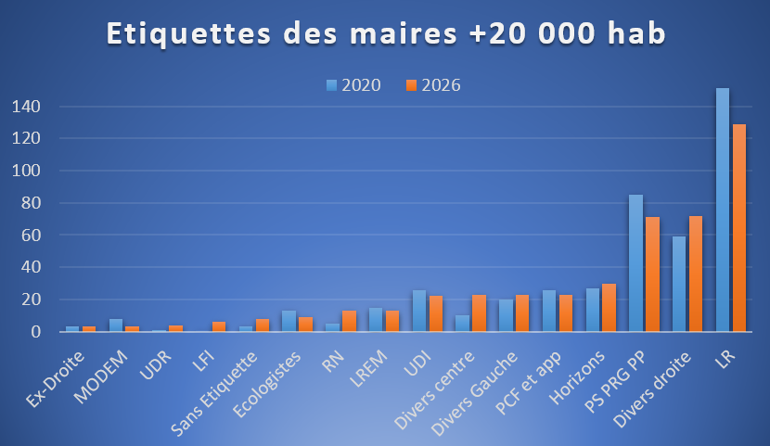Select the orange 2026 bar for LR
(739, 227)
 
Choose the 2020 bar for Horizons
(593, 310)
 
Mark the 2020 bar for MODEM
(116, 325)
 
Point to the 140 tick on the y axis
(25, 107)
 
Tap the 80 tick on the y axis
(30, 203)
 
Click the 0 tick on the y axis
(34, 331)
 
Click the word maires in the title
(402, 33)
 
